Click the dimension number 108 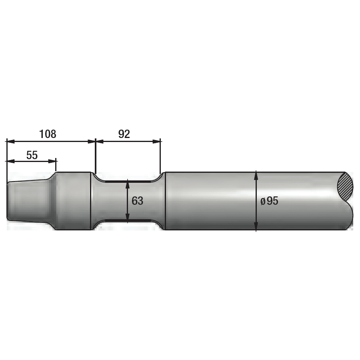click(48, 134)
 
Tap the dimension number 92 click(124, 134)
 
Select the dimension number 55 click(32, 155)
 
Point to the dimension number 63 click(137, 201)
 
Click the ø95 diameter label click(269, 201)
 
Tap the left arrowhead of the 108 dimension click(10, 142)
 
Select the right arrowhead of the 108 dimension click(91, 142)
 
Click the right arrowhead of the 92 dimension click(156, 142)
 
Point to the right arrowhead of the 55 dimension click(52, 161)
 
